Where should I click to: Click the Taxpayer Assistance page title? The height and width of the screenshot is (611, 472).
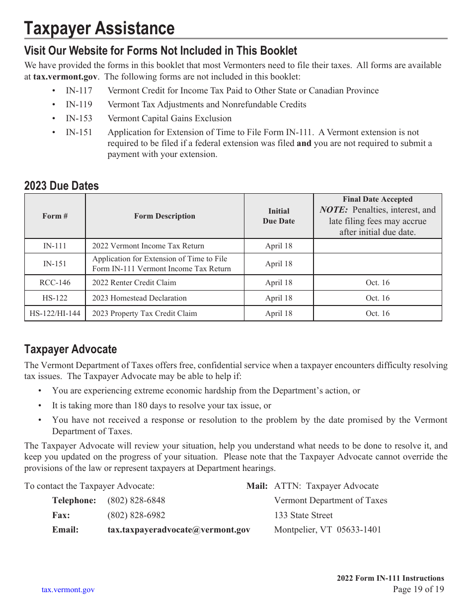point(99,29)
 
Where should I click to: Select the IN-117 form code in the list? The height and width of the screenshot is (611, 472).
point(79,90)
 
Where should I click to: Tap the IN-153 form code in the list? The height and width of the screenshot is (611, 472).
point(79,118)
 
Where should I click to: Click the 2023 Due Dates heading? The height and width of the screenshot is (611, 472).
point(62,186)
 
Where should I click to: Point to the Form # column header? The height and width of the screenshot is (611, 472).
point(55,216)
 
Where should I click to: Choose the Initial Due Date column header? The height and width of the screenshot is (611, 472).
point(279,216)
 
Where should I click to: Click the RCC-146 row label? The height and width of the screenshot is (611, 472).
point(55,283)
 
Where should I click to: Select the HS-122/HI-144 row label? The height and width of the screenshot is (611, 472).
point(55,313)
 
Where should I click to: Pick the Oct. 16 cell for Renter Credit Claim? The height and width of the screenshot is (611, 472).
point(378,283)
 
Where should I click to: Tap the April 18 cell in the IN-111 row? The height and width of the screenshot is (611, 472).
point(279,246)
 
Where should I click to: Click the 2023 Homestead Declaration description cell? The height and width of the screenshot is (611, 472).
point(140,298)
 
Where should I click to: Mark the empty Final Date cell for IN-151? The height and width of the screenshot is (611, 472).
point(378,264)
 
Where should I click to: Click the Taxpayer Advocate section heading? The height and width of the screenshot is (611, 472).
point(71,349)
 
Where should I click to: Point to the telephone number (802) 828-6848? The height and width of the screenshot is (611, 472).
point(136,500)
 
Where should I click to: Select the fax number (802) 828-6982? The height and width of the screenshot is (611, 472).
point(136,515)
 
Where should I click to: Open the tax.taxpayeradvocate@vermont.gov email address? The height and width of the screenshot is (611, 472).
point(179,530)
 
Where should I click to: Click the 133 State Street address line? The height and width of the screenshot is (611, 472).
point(304,515)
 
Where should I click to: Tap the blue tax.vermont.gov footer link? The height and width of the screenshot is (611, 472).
point(68,590)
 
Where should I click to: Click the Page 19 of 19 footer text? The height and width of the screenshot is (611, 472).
point(418,590)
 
